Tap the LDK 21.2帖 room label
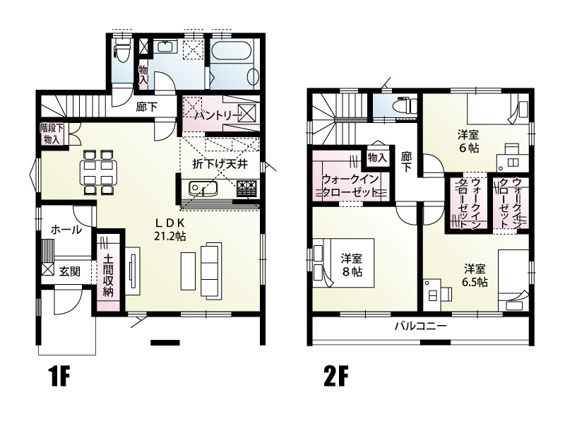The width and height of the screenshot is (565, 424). [x=169, y=229]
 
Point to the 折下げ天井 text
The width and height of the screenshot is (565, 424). [x=218, y=164]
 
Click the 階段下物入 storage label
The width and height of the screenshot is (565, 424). [x=51, y=134]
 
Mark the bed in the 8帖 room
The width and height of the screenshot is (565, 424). [x=343, y=265]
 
